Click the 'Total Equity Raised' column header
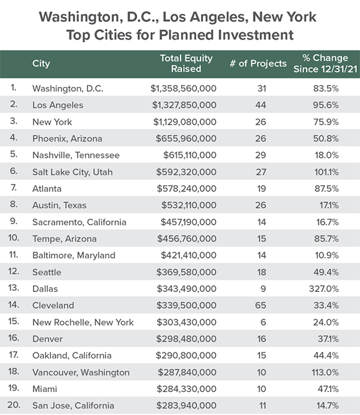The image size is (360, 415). tap(186, 63)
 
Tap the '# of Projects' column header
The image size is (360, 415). tap(258, 63)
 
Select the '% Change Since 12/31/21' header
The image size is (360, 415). tap(325, 63)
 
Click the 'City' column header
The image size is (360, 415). tap(41, 63)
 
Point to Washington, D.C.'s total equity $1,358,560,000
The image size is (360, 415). tap(183, 88)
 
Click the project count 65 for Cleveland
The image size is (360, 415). tap(261, 306)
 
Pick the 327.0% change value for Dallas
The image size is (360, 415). tap(324, 289)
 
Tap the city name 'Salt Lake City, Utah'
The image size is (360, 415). tap(73, 172)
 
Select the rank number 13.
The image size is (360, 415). tap(14, 288)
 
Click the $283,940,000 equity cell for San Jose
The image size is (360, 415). tap(186, 406)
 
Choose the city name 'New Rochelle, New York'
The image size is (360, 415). tap(83, 322)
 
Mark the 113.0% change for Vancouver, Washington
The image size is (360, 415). tap(325, 372)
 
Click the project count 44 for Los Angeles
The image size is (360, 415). tap(261, 105)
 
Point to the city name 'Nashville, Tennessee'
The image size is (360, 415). tap(76, 155)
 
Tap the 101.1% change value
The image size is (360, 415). tap(326, 172)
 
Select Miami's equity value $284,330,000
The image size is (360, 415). tap(186, 389)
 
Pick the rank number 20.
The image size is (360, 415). tap(14, 405)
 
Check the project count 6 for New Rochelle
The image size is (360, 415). tap(263, 322)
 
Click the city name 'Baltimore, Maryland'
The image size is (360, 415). tap(74, 255)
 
